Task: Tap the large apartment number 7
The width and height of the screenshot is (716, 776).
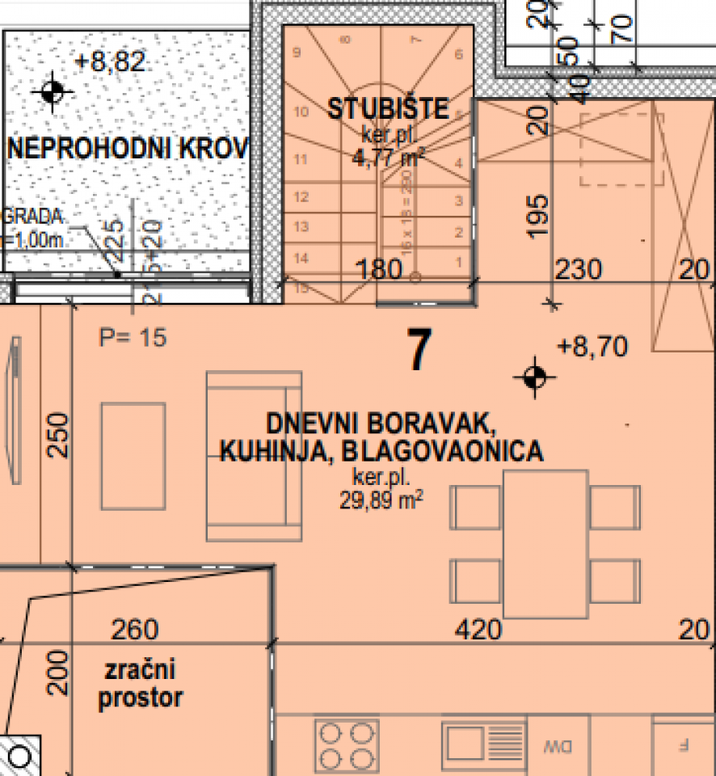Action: point(417,352)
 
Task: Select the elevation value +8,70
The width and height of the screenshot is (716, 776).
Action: point(592,347)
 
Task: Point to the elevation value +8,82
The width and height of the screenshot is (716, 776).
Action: point(110,61)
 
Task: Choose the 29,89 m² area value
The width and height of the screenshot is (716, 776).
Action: point(382,500)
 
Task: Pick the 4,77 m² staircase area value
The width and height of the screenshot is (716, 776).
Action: point(388,157)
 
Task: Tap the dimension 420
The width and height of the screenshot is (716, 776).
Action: point(478,629)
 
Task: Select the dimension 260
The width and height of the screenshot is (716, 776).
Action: point(135,629)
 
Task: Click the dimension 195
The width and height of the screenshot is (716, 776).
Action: point(541,215)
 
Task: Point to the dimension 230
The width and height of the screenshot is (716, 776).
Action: point(579,269)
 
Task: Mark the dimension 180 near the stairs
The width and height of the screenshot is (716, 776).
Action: point(379,269)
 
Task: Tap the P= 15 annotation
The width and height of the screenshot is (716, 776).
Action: point(133,337)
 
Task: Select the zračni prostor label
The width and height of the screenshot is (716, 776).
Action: point(140,684)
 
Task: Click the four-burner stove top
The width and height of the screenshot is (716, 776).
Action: point(346,744)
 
